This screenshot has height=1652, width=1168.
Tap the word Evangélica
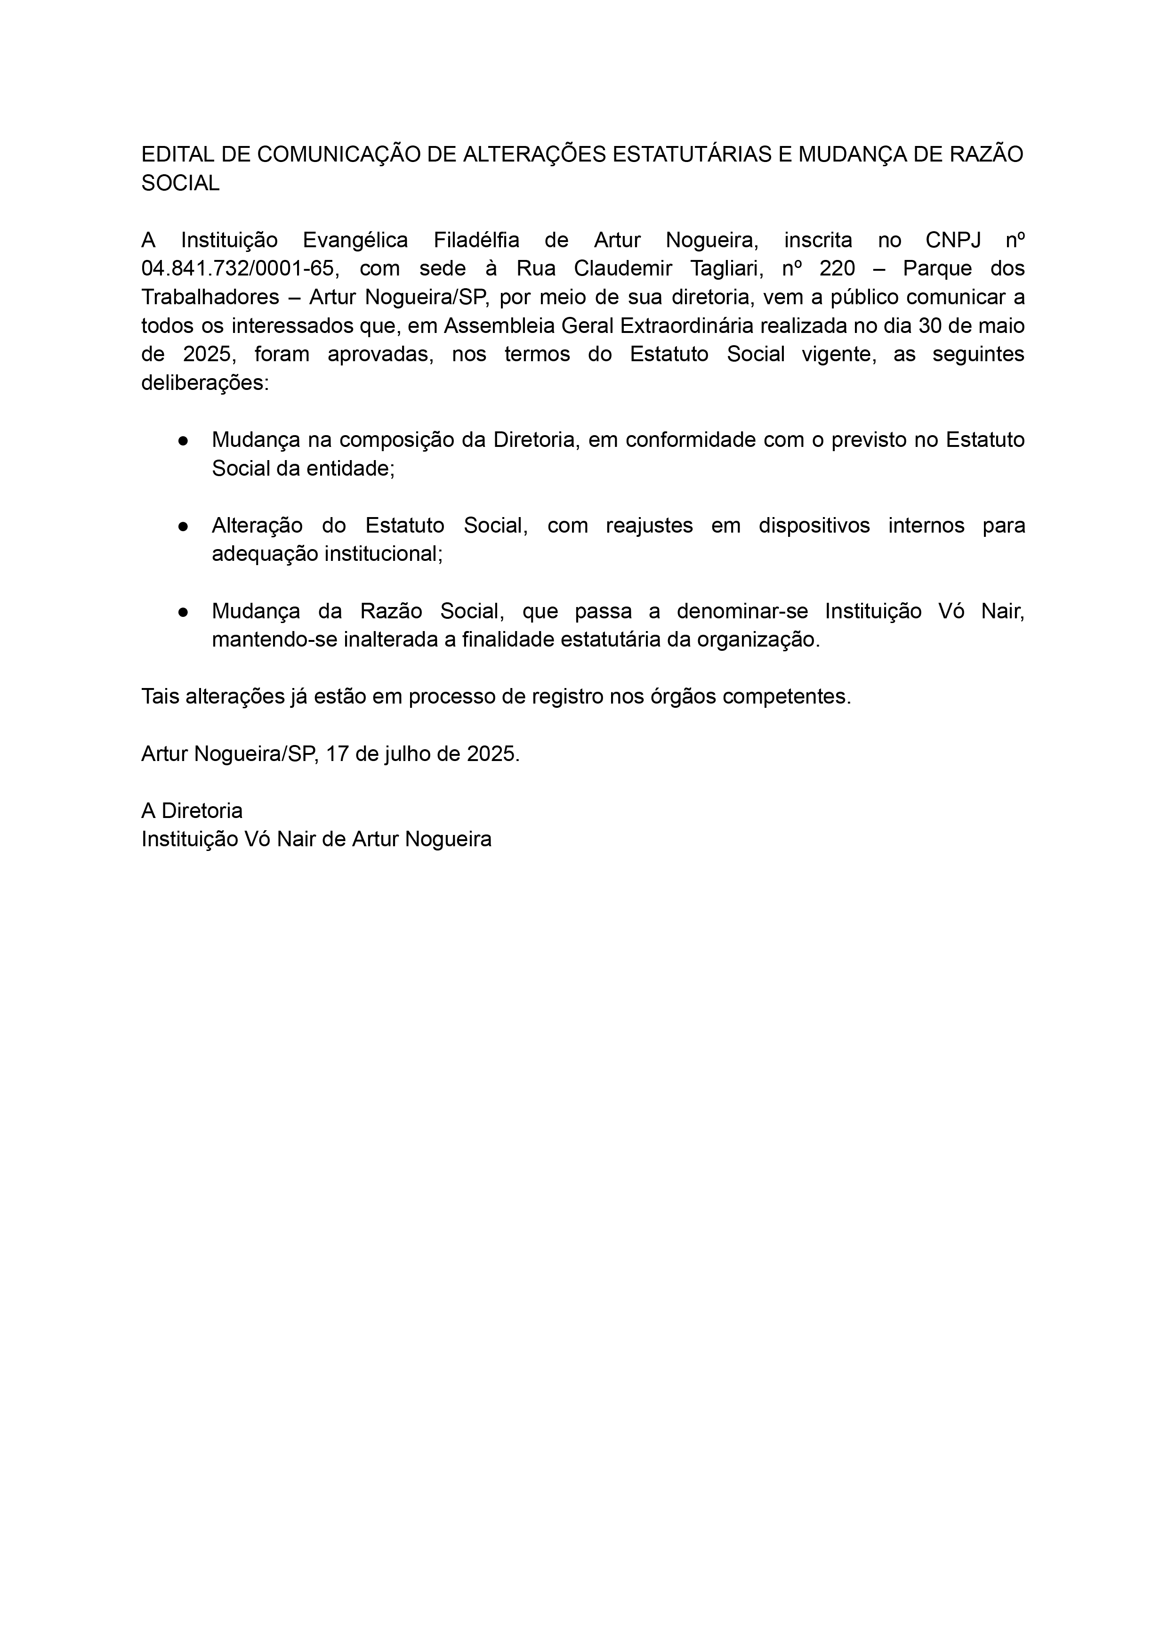[x=355, y=240]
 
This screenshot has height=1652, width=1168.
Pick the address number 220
[x=837, y=268]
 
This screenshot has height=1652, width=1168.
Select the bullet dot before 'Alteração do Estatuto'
[x=184, y=526]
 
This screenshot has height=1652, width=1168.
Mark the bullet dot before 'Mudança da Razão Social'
[x=184, y=612]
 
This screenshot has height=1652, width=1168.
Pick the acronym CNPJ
[x=953, y=240]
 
